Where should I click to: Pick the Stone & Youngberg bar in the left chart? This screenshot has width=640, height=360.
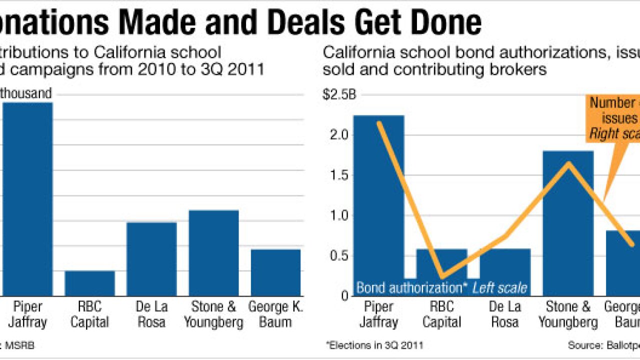tap(213, 253)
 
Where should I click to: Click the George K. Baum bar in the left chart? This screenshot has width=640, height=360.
tap(275, 272)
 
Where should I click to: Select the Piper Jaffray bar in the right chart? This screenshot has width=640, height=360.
tap(378, 200)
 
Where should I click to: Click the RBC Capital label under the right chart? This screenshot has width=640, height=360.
tap(441, 314)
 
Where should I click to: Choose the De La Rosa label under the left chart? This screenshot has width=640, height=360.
tap(151, 314)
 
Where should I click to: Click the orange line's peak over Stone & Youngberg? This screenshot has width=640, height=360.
tap(568, 163)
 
